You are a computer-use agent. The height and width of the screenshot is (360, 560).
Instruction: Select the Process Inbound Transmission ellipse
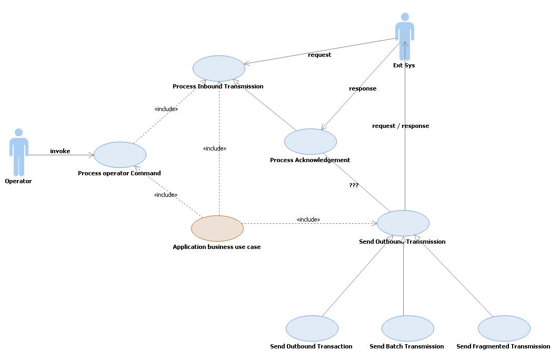pos(219,68)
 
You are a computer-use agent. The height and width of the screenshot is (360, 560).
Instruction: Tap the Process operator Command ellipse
pos(119,155)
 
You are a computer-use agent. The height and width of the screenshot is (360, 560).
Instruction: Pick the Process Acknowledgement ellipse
pos(310,142)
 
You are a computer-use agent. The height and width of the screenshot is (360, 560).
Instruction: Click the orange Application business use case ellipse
pos(217,228)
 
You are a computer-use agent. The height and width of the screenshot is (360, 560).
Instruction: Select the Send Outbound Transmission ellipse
pos(403,223)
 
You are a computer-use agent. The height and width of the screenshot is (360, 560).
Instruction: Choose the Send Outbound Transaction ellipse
pos(312,328)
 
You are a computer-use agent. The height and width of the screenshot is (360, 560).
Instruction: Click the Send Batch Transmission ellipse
pos(407,328)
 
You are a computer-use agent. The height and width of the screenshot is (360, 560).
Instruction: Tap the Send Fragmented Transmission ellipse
pos(504,328)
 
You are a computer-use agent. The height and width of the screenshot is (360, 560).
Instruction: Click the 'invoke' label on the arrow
pos(60,151)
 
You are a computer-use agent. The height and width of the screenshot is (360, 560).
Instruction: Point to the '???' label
pos(354,185)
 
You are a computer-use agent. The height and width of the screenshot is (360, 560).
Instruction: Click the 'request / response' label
pos(401,126)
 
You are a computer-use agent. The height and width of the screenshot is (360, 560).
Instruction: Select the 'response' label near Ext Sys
pos(363,88)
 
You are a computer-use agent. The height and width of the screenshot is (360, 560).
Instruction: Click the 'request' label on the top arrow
pos(319,55)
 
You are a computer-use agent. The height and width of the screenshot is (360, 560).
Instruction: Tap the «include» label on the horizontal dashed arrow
pos(308,219)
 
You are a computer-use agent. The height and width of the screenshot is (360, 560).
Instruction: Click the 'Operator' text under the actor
pos(18,181)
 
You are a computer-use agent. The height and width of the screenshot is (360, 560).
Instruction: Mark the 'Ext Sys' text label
pos(404,65)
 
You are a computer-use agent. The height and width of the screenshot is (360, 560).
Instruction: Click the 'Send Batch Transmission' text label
pos(406,346)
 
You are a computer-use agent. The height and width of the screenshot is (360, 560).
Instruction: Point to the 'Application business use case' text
pos(217,247)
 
